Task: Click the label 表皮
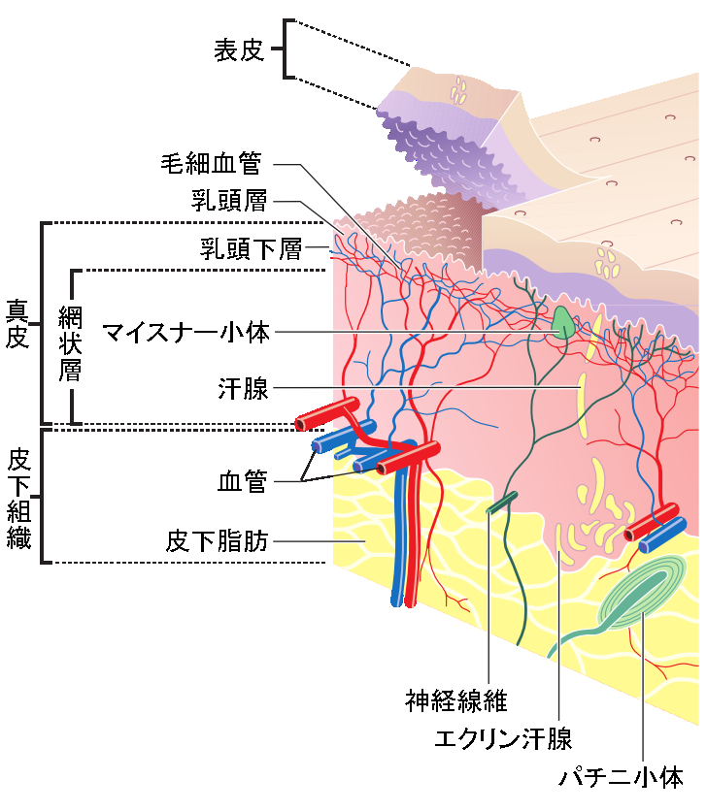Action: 239,50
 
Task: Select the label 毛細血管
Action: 211,163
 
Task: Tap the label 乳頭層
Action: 230,202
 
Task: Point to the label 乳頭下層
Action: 252,249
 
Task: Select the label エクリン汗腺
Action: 503,738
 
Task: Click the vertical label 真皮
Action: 17,324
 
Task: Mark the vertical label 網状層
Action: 69,344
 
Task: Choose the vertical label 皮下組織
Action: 17,498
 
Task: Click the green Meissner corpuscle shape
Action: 562,323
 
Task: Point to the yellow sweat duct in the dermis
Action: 582,403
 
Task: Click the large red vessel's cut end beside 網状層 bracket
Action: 303,421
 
